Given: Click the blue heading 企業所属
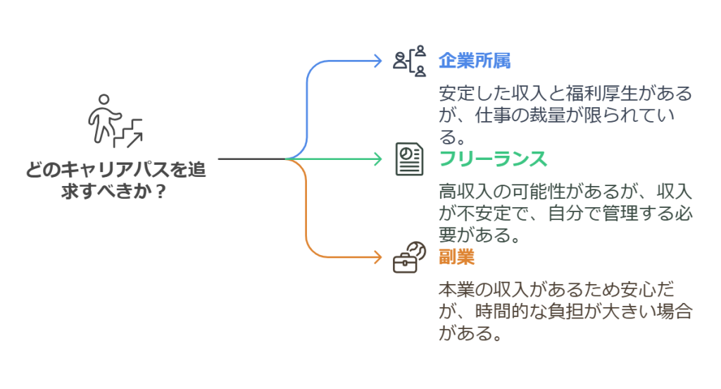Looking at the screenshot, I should point(474,61).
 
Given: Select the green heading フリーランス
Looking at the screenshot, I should point(492,159).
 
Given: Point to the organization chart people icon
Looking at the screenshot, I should point(410,61).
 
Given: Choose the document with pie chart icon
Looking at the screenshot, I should point(409,159).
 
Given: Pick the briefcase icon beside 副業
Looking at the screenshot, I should point(409,258).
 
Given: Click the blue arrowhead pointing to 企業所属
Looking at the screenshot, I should point(377,61).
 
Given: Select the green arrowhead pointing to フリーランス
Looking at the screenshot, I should point(377,159).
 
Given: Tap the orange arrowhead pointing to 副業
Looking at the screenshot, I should point(377,257).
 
